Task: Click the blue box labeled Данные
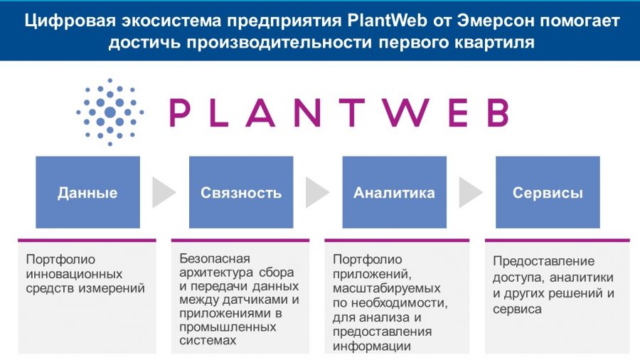(x=87, y=192)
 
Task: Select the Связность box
(x=241, y=192)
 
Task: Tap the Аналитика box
(x=394, y=192)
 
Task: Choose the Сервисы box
(x=548, y=192)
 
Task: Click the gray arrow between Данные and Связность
(x=163, y=192)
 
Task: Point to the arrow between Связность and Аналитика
(x=316, y=192)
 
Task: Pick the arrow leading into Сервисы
(x=470, y=192)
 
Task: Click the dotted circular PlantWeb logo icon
(x=110, y=112)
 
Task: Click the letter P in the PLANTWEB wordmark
(x=180, y=112)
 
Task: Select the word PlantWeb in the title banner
(x=382, y=21)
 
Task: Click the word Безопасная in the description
(x=215, y=259)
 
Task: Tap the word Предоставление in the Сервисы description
(x=544, y=261)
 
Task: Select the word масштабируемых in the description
(x=387, y=289)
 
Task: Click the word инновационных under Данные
(x=74, y=274)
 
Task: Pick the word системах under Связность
(x=208, y=340)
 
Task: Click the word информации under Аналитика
(x=372, y=346)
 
